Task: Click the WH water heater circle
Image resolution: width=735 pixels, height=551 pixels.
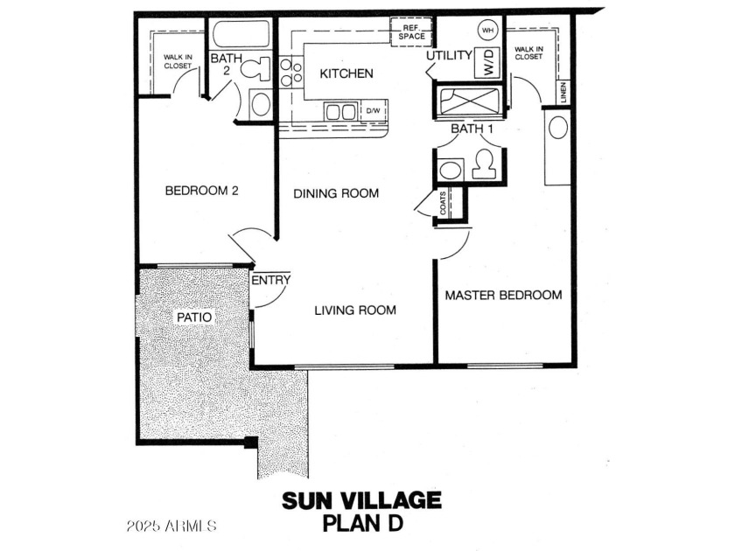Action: (487, 31)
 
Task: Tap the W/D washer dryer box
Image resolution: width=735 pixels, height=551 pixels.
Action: (487, 62)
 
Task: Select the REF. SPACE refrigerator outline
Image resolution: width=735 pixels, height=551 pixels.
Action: (411, 31)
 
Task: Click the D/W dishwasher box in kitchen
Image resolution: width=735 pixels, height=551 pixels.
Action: (374, 111)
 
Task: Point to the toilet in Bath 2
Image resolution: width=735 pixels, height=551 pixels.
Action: (256, 69)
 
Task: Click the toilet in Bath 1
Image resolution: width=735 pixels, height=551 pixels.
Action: (484, 164)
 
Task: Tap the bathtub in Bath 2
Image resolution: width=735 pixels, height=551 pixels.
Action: (241, 33)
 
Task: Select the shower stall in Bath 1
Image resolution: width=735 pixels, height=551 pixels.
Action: (470, 101)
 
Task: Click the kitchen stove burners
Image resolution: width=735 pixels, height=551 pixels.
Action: (290, 72)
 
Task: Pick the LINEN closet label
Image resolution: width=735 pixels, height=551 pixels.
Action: (563, 92)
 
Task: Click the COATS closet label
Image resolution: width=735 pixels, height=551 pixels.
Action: (444, 203)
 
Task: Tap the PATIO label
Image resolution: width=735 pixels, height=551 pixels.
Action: (194, 317)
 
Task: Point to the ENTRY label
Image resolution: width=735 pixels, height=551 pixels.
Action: (271, 280)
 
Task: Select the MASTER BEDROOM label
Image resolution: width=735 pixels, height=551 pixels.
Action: (503, 296)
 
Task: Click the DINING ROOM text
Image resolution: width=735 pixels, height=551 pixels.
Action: (336, 193)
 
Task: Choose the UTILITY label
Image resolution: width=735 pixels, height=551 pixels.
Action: (449, 55)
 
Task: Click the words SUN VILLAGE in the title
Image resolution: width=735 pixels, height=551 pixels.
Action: (361, 500)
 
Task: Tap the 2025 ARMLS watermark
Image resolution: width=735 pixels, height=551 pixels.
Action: (171, 526)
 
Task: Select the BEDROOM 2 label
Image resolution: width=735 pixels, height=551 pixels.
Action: (202, 191)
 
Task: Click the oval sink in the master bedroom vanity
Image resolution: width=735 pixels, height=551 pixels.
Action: (558, 128)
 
